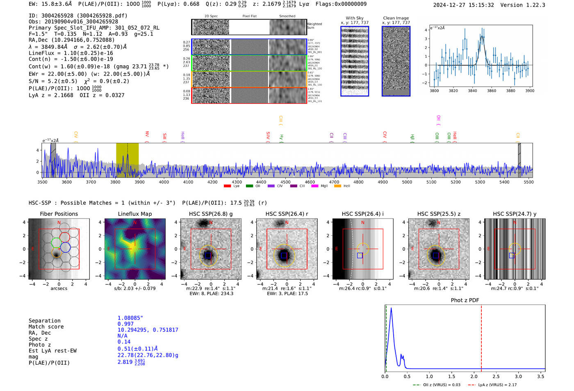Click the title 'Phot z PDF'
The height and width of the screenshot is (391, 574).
(465, 300)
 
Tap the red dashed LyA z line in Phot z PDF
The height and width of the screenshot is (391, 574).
(481, 336)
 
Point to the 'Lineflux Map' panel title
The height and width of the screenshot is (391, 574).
(134, 214)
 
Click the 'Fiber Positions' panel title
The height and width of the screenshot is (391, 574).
(59, 214)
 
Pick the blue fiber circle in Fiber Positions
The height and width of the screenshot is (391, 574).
(65, 247)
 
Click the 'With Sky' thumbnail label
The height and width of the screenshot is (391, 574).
(354, 18)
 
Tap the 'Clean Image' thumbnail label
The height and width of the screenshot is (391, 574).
(396, 18)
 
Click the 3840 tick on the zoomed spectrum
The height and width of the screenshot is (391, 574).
(472, 91)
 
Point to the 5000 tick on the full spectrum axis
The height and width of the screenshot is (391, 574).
(407, 182)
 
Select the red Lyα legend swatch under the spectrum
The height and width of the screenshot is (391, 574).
(227, 186)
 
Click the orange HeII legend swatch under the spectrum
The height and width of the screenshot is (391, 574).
(337, 186)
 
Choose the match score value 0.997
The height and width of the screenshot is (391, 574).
(125, 324)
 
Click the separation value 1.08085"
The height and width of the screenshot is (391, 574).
(130, 318)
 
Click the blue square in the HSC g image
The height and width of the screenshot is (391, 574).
(208, 256)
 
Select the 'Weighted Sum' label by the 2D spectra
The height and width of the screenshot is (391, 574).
(314, 26)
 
